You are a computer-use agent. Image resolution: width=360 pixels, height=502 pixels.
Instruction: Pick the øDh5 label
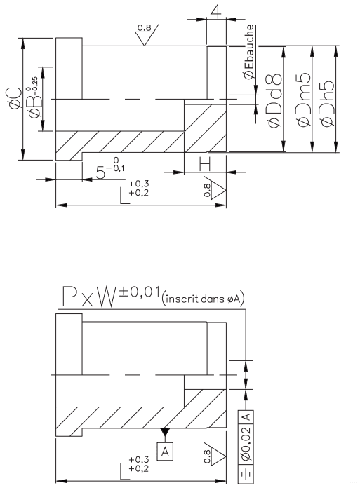click(327, 104)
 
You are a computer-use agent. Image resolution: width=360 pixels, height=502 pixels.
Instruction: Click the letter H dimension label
click(204, 166)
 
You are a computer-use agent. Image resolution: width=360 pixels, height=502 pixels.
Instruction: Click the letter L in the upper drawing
click(124, 195)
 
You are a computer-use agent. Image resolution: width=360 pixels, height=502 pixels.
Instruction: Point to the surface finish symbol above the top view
click(145, 34)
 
